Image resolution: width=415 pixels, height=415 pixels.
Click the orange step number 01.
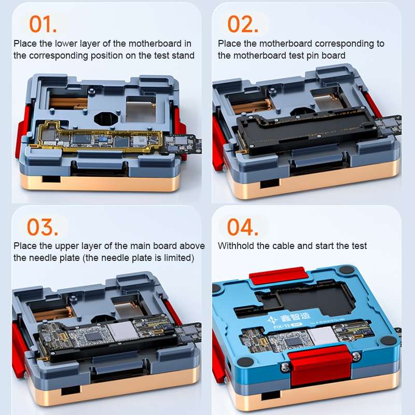[43, 24]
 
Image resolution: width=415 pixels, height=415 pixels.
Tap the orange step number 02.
[242, 24]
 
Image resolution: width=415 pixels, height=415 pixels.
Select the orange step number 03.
[43, 227]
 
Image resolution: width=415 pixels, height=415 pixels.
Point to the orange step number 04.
[242, 227]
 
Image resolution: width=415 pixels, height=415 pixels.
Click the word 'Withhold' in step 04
[237, 246]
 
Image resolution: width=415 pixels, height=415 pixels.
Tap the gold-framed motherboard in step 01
[99, 136]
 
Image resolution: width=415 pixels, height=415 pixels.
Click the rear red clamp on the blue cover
[278, 277]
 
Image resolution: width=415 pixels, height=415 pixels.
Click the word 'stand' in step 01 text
[183, 56]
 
